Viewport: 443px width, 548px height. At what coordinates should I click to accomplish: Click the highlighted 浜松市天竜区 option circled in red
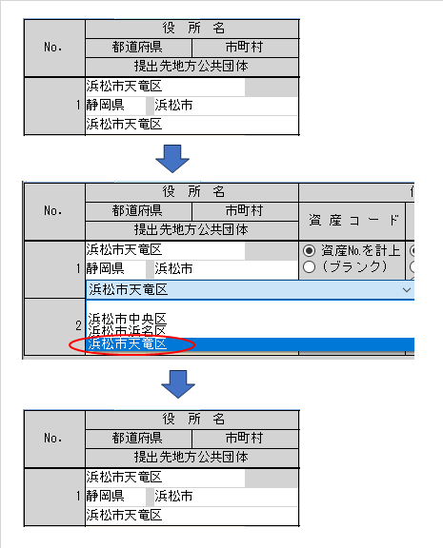[x=128, y=344]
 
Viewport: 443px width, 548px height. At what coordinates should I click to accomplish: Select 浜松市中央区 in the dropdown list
[x=128, y=319]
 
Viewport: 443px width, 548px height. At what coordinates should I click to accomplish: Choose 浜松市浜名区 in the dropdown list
[x=128, y=331]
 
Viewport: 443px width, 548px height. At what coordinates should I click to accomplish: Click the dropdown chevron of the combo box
[x=406, y=290]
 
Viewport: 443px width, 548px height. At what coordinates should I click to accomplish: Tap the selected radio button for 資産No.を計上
[x=309, y=250]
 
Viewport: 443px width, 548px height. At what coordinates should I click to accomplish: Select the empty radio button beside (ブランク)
[x=309, y=267]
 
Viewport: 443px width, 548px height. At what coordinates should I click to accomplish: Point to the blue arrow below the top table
[x=172, y=159]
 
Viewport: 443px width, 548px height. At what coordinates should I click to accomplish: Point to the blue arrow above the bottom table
[x=178, y=384]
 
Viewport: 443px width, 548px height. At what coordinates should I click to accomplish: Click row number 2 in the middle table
[x=79, y=325]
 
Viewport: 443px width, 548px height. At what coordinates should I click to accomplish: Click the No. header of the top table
[x=52, y=47]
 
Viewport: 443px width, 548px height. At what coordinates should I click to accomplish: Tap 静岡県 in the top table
[x=105, y=105]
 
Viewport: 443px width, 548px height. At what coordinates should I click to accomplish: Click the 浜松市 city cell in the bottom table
[x=173, y=496]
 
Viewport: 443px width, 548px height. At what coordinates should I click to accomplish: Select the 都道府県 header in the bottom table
[x=137, y=438]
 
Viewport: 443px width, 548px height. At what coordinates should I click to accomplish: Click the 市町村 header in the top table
[x=244, y=47]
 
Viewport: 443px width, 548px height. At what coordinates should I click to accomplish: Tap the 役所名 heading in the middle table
[x=193, y=191]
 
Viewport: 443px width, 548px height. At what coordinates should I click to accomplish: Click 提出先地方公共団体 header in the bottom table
[x=191, y=457]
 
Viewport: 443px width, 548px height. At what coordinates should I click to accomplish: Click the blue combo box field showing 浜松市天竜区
[x=250, y=290]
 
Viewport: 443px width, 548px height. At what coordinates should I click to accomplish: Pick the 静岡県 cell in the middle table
[x=105, y=268]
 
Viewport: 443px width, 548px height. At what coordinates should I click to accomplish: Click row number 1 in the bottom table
[x=78, y=496]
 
